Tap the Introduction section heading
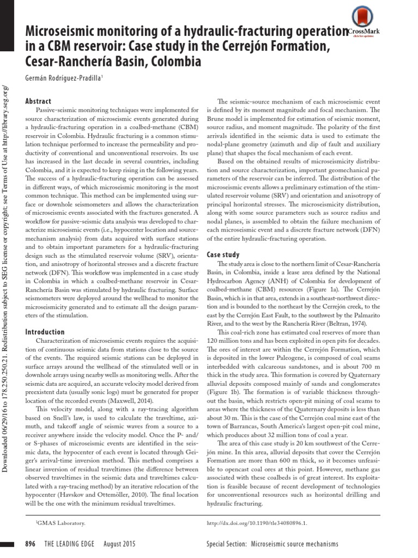[45, 332]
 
